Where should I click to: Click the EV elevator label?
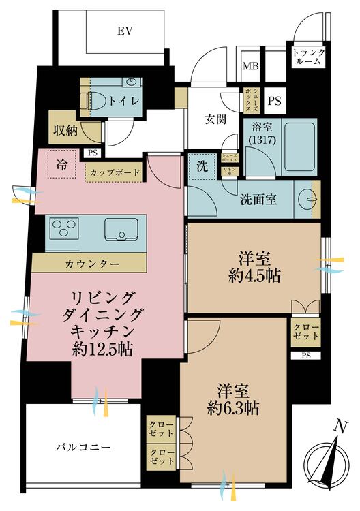click(124, 31)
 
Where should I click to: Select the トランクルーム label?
click(309, 56)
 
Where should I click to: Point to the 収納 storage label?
click(65, 130)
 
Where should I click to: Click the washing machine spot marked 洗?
click(202, 167)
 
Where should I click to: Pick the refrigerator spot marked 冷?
click(63, 164)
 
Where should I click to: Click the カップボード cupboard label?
click(113, 172)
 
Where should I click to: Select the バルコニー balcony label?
click(82, 448)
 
